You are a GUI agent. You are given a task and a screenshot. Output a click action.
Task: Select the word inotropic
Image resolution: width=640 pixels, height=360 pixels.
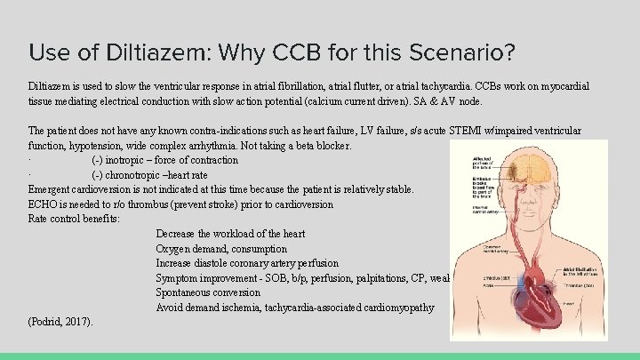click(131, 160)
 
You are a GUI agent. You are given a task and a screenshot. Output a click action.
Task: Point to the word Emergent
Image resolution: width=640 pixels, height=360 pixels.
click(52, 189)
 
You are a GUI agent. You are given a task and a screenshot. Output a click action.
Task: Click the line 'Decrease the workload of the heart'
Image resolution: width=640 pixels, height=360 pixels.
click(230, 234)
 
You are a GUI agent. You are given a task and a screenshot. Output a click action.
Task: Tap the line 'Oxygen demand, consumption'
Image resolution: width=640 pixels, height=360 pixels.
click(221, 249)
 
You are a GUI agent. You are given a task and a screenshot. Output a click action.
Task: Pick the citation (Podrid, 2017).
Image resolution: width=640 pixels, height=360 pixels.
click(60, 321)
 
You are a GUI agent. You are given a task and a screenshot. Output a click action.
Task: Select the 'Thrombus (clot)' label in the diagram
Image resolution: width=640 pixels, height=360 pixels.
click(581, 286)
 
